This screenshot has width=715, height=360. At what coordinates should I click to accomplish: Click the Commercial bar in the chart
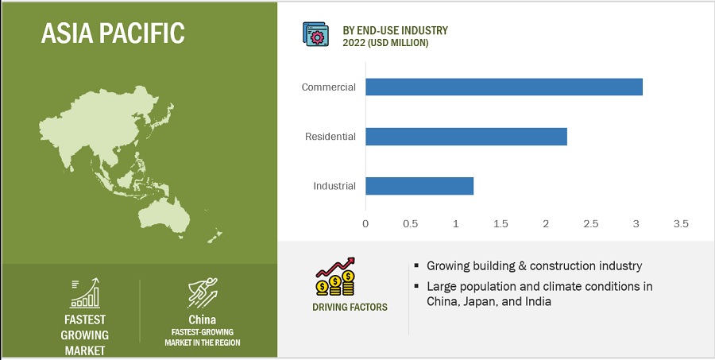click(x=504, y=87)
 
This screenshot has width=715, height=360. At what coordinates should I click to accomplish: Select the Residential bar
click(x=466, y=137)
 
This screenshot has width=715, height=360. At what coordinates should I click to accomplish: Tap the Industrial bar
click(x=419, y=186)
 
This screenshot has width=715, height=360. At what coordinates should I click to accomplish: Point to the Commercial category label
click(x=328, y=87)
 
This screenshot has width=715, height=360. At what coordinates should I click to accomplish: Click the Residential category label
click(x=330, y=137)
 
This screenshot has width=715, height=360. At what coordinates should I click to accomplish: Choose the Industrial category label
click(x=334, y=186)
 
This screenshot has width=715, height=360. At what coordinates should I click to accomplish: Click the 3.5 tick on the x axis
click(x=681, y=224)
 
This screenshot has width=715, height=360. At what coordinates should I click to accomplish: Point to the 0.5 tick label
click(x=411, y=224)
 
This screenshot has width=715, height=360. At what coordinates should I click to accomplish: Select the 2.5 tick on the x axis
click(x=590, y=224)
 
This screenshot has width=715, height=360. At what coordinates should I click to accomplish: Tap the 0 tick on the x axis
click(x=365, y=224)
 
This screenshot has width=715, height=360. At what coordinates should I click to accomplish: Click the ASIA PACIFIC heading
click(x=113, y=33)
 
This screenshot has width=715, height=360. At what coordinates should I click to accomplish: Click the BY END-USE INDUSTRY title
click(x=396, y=30)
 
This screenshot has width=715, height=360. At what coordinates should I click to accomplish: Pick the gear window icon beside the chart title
click(x=315, y=33)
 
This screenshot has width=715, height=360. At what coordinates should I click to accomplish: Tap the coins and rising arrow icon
click(x=335, y=277)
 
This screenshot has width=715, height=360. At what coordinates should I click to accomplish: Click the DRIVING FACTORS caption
click(x=350, y=307)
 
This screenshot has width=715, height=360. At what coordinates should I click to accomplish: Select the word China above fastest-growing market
click(x=202, y=319)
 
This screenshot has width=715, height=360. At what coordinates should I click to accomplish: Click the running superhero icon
click(x=203, y=292)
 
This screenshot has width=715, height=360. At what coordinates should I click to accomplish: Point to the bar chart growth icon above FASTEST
click(x=85, y=293)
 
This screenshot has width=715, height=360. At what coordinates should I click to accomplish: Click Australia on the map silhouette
click(x=164, y=216)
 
